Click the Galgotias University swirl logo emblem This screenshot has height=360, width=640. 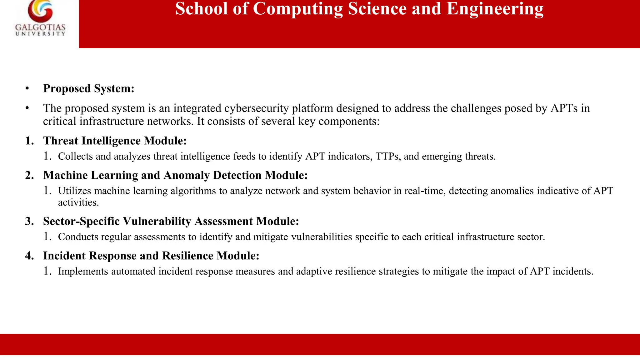point(40,12)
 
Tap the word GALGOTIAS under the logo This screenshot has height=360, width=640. point(40,28)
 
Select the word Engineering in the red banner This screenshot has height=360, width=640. point(495,9)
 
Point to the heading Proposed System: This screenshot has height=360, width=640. point(89,88)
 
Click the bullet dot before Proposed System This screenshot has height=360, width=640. point(27,88)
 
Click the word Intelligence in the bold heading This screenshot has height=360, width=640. point(111,141)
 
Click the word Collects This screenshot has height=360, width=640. point(75,156)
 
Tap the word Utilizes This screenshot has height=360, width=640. point(74,191)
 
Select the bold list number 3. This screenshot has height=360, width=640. point(29,221)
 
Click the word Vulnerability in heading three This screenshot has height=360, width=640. point(157,221)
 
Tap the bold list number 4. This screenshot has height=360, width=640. point(29,256)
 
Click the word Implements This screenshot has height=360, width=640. point(83,271)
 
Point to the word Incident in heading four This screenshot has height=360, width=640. point(64,256)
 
